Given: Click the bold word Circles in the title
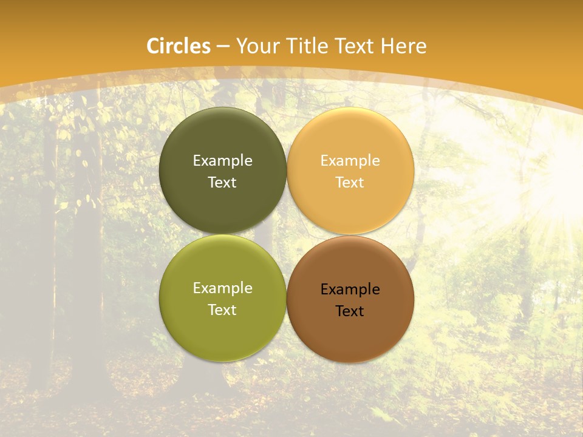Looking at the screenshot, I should coord(178,46).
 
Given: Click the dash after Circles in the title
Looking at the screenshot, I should coord(223,47).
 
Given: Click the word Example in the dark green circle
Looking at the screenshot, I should coord(222,160).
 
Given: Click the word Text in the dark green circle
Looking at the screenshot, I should coord(222,182).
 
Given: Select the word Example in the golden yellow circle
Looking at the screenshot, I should coord(350,160).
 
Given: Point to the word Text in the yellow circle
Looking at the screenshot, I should coord(350,182).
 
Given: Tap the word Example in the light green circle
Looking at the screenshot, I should coord(222,288).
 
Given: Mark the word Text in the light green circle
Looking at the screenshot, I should coord(222,310).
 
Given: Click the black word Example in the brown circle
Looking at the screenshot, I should coord(350,289).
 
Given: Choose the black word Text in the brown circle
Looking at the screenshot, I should coord(350,311).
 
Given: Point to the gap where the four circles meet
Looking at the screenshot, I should coord(287,234).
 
